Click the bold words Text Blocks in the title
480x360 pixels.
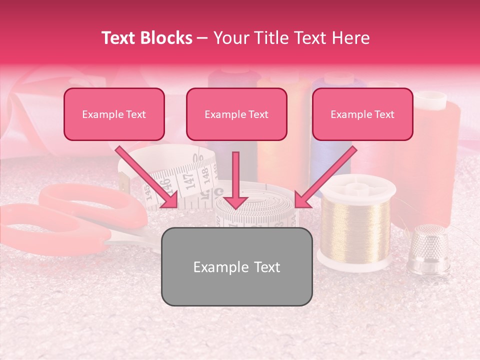point(146,38)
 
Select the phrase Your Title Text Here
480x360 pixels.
point(291,38)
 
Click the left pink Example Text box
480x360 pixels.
point(114,114)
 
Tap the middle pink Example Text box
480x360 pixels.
point(236,114)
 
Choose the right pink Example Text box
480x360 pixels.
point(362,114)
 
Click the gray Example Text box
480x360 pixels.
point(236,266)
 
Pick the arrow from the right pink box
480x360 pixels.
point(325,177)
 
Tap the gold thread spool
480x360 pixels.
point(355,225)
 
